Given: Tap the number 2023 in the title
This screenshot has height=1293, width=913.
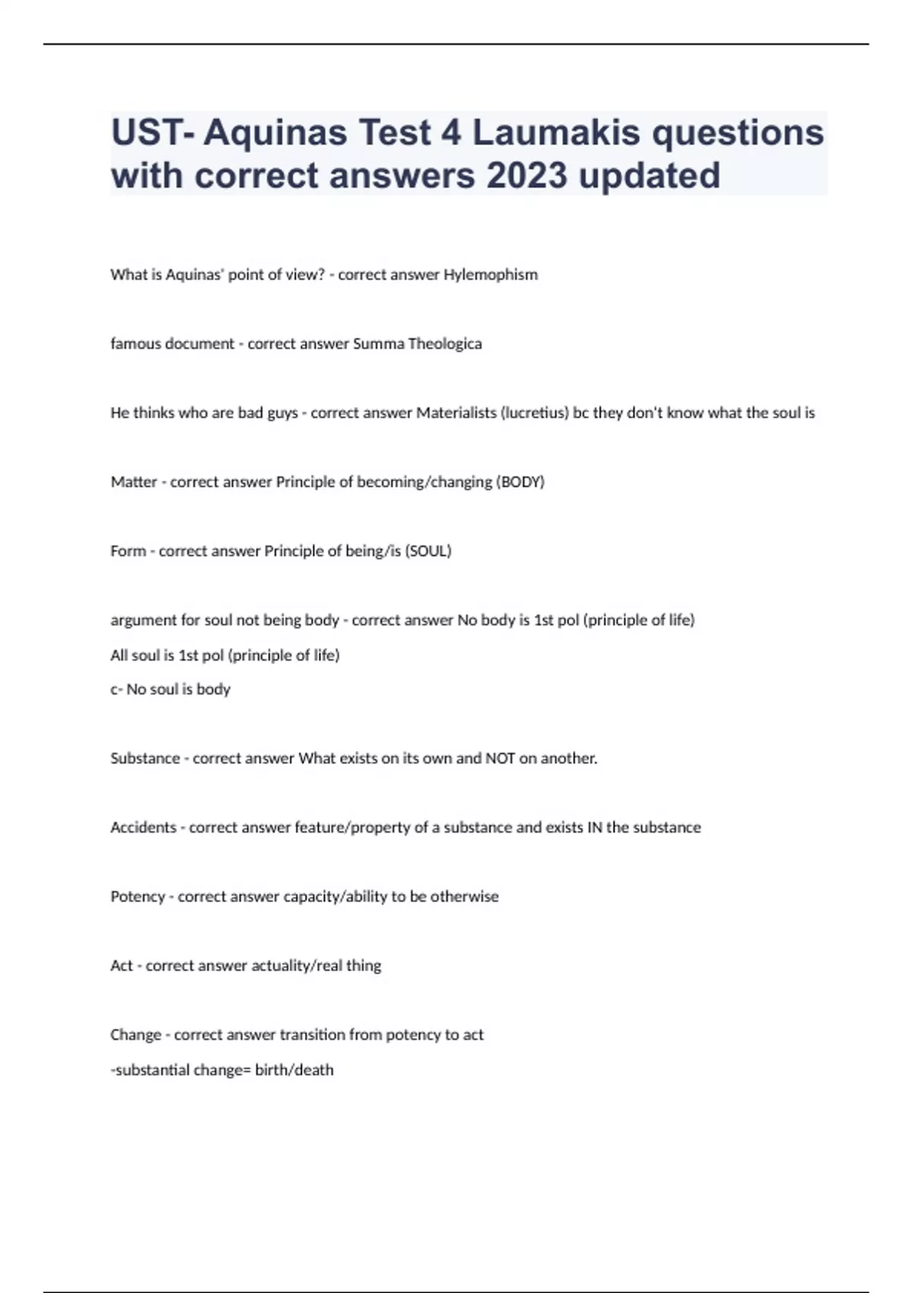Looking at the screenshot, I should point(526,176).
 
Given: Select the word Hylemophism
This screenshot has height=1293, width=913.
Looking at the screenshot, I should point(490,275).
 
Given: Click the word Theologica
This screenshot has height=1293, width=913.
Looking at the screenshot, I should point(444,344).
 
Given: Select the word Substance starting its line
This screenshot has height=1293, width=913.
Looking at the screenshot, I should point(145,758).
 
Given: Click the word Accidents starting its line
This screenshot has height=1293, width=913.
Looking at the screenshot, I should point(143,828).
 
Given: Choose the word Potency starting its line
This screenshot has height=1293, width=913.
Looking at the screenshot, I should point(138,897).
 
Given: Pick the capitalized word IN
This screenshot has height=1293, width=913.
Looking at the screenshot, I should point(594,828).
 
